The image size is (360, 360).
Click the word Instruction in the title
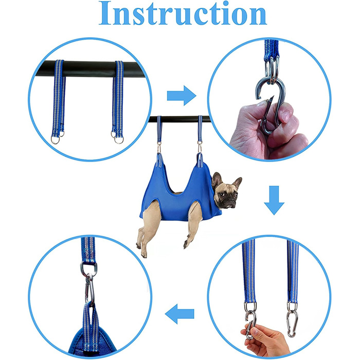tap(183, 13)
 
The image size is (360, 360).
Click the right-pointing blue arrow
tap(182, 96)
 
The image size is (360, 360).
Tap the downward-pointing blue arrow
tap(274, 200)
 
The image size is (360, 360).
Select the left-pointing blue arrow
tap(179, 314)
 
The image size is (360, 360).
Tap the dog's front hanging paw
tap(186, 244)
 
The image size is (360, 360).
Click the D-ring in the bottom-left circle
tap(88, 268)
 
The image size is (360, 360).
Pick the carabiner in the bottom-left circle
tap(89, 289)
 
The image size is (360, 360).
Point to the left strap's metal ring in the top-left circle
tap(56, 139)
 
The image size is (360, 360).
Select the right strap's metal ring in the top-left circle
tap(119, 139)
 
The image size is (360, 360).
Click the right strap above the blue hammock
tap(200, 129)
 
